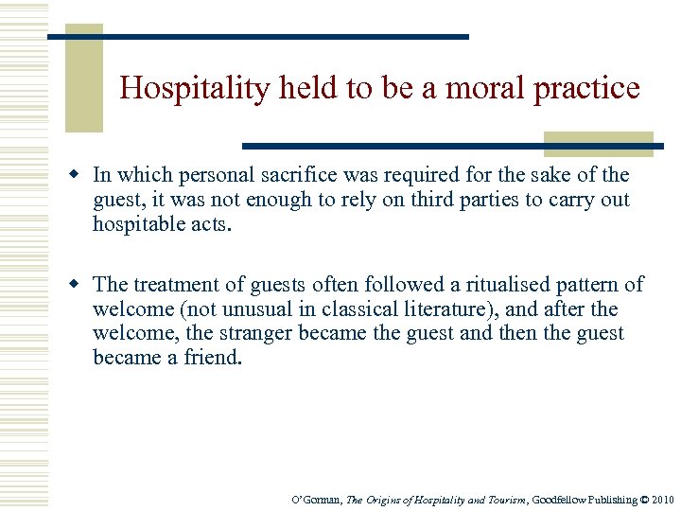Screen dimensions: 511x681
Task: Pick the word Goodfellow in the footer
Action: tap(564, 500)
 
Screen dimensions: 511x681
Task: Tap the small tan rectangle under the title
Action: tap(599, 143)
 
